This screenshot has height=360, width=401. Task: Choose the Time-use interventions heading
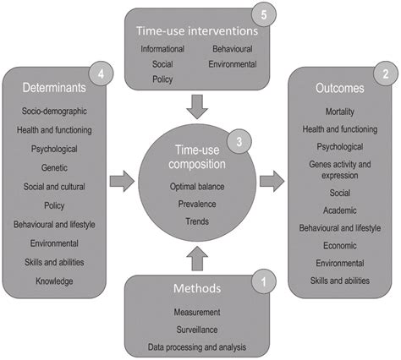pyautogui.click(x=196, y=29)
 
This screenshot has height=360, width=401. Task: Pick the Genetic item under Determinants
pyautogui.click(x=54, y=166)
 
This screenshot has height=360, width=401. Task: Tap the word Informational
pyautogui.click(x=162, y=49)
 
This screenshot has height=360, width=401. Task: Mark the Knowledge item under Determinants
pyautogui.click(x=54, y=280)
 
